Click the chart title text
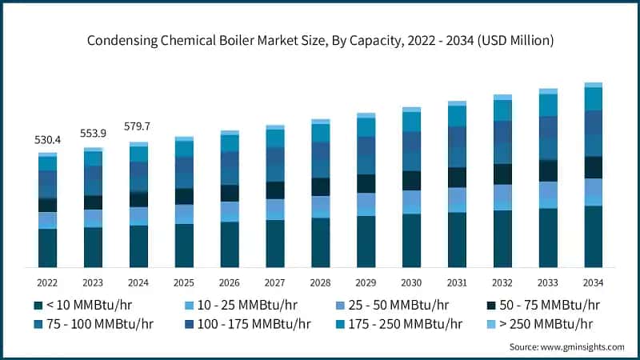[320, 39]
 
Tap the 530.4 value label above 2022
[48, 141]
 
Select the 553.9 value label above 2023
[94, 133]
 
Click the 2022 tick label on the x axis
[48, 282]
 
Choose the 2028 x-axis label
[320, 282]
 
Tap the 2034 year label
[593, 282]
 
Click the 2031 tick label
[457, 282]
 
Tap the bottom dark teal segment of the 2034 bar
[593, 237]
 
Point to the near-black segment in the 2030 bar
[411, 181]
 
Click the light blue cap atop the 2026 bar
[230, 133]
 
